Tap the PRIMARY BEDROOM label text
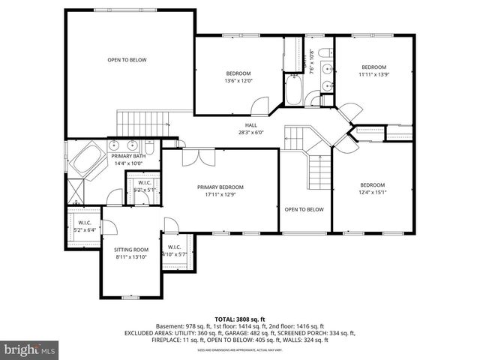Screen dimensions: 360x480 click(x=220, y=187)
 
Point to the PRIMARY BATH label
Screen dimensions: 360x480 click(x=127, y=155)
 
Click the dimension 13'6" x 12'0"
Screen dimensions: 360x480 click(x=239, y=81)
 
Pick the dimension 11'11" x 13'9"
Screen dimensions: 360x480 click(x=373, y=74)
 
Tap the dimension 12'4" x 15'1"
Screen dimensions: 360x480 click(x=372, y=193)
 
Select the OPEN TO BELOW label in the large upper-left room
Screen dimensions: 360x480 click(x=127, y=60)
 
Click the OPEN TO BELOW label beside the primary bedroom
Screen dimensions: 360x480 click(x=304, y=209)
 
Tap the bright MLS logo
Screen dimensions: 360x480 click(x=30, y=349)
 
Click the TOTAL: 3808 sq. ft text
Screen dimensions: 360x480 click(x=239, y=318)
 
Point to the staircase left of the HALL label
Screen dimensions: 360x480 click(x=139, y=121)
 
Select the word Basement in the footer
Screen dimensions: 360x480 click(x=170, y=326)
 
